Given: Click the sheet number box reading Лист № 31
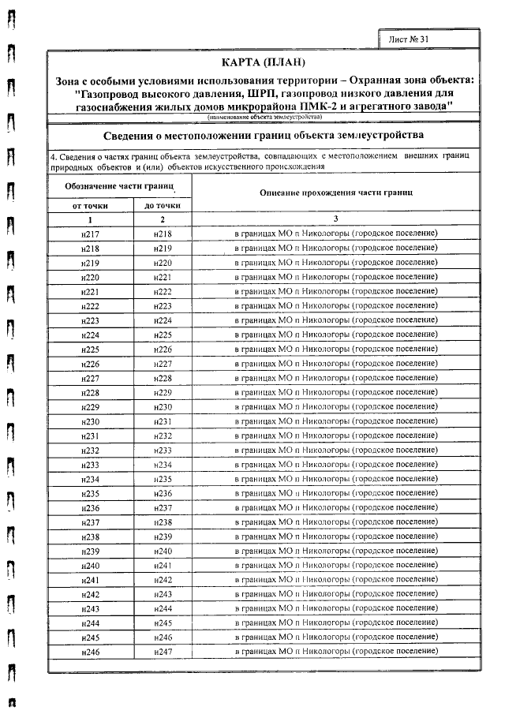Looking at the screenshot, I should (413, 38).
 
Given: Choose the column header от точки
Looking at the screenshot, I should (90, 205).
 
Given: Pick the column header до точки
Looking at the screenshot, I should (163, 205).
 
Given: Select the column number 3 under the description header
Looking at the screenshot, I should (335, 219).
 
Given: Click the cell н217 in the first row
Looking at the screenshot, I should (90, 234).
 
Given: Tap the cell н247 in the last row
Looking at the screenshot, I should (163, 651).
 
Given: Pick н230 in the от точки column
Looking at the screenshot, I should (90, 421).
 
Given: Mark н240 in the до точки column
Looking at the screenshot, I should (163, 551).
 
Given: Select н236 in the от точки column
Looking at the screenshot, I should (90, 507).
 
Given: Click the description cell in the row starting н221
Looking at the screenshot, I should (335, 292).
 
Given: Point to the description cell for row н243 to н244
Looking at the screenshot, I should (335, 608).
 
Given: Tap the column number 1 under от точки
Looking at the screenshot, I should (90, 219).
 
